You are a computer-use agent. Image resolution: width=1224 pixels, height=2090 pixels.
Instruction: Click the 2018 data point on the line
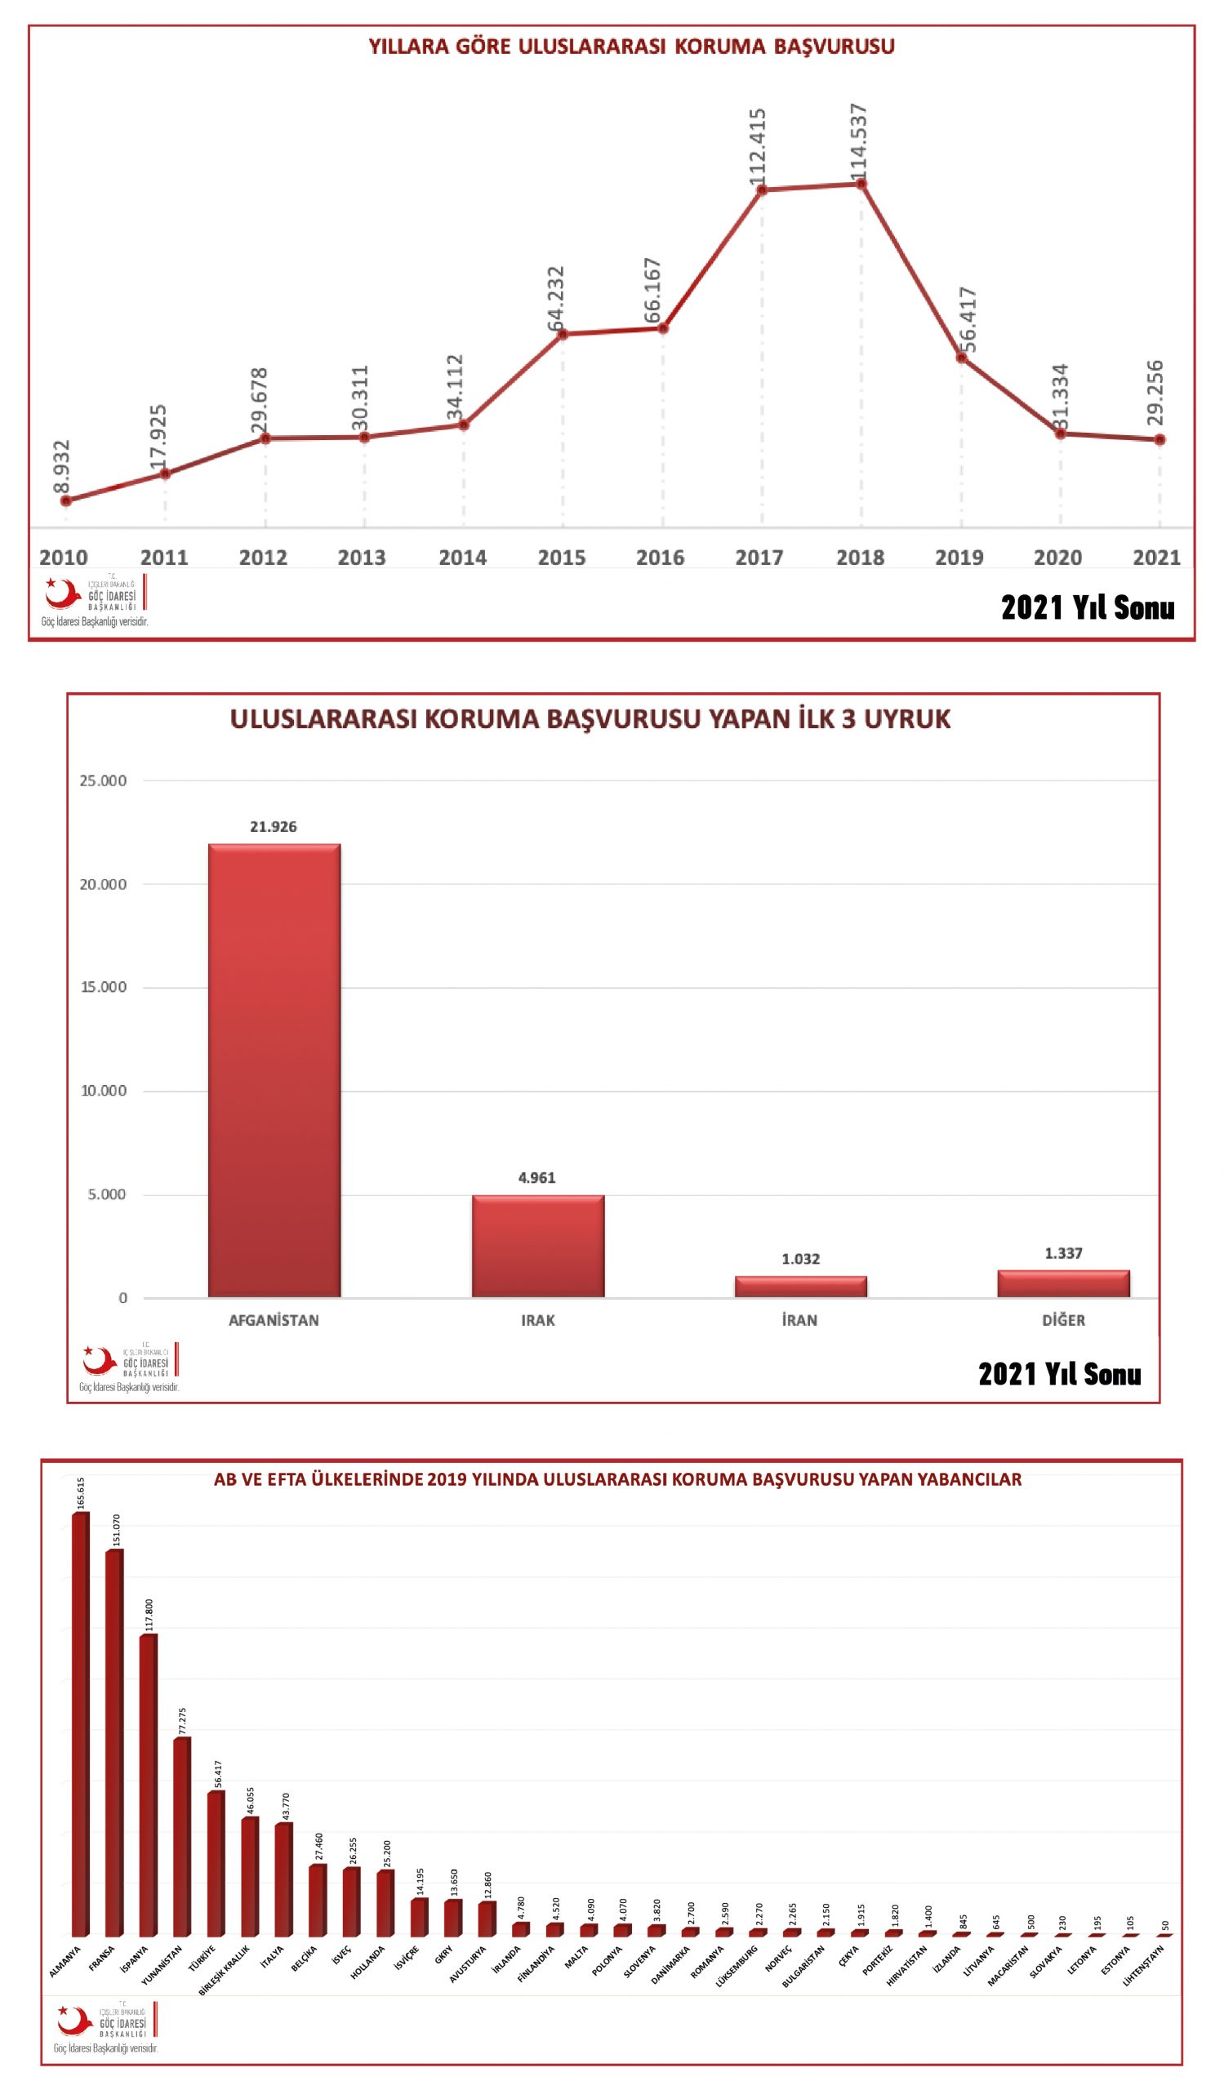[x=861, y=185]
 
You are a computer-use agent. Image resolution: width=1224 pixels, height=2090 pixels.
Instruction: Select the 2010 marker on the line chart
[x=65, y=501]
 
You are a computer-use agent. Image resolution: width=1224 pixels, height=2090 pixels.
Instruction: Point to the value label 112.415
[x=757, y=147]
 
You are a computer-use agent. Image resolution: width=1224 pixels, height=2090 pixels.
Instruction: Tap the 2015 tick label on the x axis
[x=562, y=558]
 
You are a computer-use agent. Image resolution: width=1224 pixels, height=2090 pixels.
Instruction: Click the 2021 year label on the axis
[x=1156, y=558]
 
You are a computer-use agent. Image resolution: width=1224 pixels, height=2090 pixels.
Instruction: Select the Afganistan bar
[x=274, y=1069]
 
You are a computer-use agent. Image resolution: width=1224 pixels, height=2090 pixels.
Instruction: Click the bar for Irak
[x=537, y=1246]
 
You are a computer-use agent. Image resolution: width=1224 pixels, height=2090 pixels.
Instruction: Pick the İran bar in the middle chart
[x=800, y=1287]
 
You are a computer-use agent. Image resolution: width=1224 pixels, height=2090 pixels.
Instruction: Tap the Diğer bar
[x=1063, y=1283]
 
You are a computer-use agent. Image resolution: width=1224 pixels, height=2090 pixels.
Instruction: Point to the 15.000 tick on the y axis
[x=104, y=987]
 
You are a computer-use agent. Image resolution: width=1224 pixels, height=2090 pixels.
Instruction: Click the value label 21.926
[x=273, y=827]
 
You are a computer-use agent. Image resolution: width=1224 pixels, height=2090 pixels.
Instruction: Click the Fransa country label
[x=101, y=1958]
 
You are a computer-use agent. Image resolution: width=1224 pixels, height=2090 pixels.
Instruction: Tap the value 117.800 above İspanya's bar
[x=149, y=1615]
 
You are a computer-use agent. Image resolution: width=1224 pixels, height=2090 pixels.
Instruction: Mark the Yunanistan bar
[x=181, y=1836]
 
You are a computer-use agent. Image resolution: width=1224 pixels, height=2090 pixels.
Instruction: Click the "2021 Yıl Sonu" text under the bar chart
[x=1059, y=1374]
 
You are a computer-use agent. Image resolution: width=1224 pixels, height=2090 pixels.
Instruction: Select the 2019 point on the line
[x=962, y=358]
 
